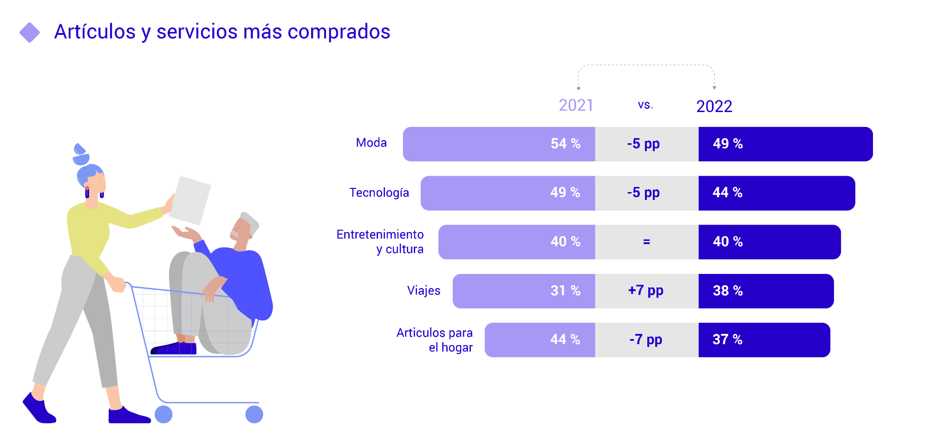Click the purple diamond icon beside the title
click(30, 33)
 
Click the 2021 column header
click(576, 106)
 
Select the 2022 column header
click(714, 106)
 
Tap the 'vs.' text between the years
click(645, 105)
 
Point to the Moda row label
click(371, 143)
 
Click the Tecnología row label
click(379, 193)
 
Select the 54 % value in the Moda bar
click(566, 144)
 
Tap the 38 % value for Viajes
click(728, 291)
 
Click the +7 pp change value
click(645, 291)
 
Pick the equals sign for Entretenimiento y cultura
click(646, 242)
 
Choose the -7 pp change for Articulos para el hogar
click(645, 340)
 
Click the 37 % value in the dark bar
click(727, 340)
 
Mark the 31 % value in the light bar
click(566, 291)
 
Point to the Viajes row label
click(423, 291)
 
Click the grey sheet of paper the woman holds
click(190, 200)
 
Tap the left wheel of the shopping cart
click(163, 414)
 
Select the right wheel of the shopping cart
click(254, 414)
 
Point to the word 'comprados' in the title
click(339, 32)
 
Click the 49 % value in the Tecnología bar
click(565, 193)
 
